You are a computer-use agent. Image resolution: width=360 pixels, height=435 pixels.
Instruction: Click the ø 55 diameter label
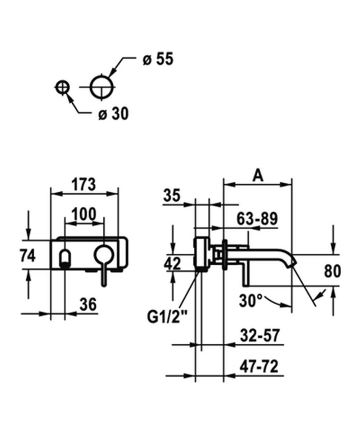click(158, 59)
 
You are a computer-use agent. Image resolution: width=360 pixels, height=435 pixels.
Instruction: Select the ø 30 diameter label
click(113, 114)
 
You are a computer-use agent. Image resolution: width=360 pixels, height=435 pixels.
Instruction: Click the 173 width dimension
click(84, 185)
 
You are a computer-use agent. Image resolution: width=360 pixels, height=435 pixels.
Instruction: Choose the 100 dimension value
click(84, 214)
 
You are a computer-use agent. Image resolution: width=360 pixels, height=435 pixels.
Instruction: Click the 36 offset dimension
click(88, 305)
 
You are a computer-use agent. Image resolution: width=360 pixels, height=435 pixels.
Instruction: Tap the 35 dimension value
click(172, 196)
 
